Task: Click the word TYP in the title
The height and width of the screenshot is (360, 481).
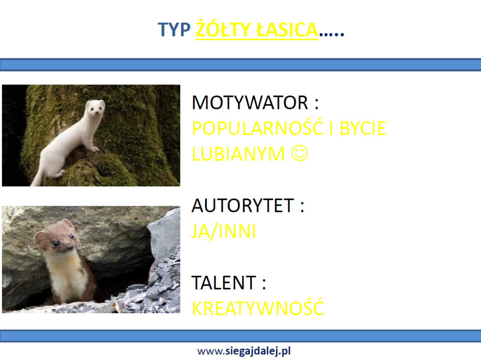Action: (x=174, y=30)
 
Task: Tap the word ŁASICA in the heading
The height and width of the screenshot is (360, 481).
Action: (x=287, y=29)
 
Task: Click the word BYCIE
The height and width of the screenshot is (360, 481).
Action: (x=363, y=128)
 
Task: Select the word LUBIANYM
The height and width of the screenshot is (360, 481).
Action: (x=238, y=154)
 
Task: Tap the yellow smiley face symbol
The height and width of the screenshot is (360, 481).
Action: (x=299, y=153)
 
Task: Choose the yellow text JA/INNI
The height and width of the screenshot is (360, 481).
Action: (x=224, y=231)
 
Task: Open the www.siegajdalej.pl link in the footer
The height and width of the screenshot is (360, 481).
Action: (x=244, y=351)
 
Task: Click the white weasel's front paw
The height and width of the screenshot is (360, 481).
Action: (x=95, y=150)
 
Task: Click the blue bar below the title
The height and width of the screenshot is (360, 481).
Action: (x=240, y=65)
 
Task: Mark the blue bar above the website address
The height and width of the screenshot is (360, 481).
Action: (x=240, y=336)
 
